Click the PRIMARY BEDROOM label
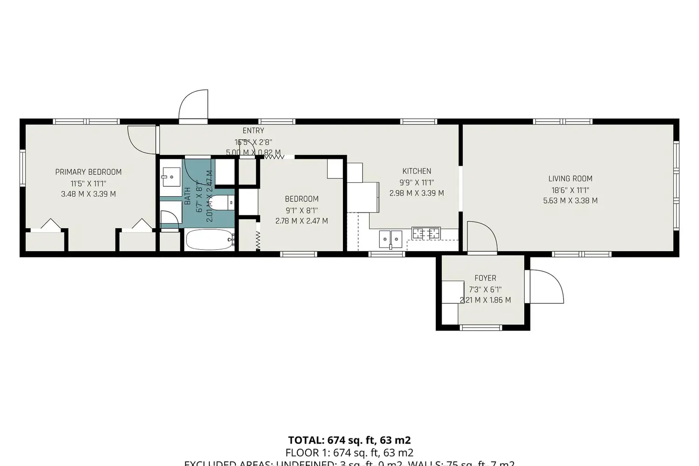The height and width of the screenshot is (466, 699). click(x=88, y=172)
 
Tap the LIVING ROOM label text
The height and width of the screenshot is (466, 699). click(x=570, y=178)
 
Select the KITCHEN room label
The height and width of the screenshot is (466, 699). click(x=417, y=171)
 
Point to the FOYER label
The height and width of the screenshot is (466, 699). click(x=485, y=278)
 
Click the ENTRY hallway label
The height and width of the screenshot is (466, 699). click(x=253, y=131)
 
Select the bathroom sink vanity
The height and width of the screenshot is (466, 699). click(x=171, y=177)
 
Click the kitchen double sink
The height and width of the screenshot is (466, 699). click(x=391, y=239)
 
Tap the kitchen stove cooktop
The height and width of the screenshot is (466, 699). click(x=426, y=233)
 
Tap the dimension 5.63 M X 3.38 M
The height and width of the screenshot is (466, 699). click(x=570, y=201)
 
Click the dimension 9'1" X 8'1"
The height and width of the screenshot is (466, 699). click(x=302, y=210)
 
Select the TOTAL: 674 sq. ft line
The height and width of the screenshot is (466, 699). click(x=349, y=440)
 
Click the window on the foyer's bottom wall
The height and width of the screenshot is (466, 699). click(x=481, y=328)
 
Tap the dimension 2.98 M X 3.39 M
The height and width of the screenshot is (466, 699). click(x=417, y=193)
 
